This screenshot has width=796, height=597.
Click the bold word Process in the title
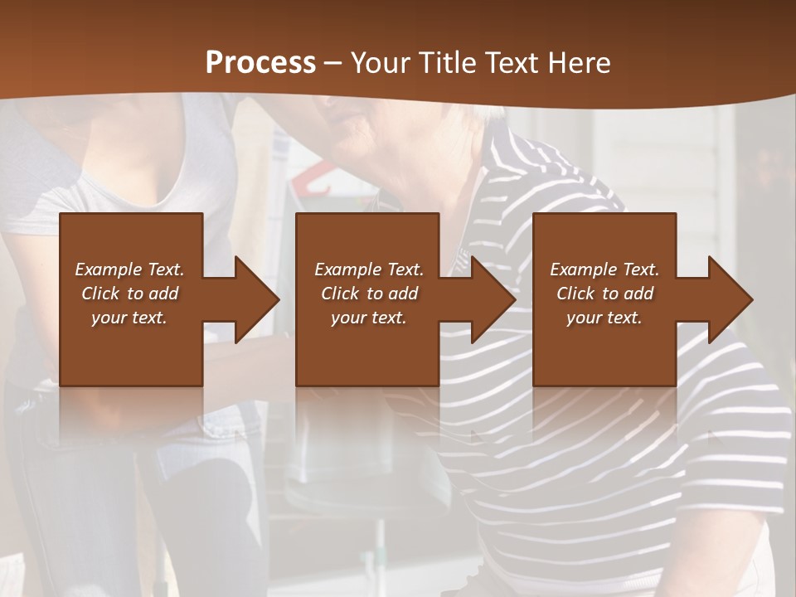pos(260,63)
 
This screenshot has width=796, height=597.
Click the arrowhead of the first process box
pos(257,299)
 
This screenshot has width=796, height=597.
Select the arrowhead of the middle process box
pos(493,299)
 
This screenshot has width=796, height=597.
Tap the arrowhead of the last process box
pos(730,299)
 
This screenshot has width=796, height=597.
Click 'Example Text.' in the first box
pos(130,269)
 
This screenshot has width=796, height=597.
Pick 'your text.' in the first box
pos(130,318)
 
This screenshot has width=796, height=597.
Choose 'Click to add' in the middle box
pos(369,294)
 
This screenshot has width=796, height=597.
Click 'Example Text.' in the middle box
pos(369,269)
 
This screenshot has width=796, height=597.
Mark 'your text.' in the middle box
pos(369,318)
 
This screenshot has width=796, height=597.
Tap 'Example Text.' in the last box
pos(604,269)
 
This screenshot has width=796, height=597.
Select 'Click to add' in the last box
pos(604,294)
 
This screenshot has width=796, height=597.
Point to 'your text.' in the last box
pos(604,318)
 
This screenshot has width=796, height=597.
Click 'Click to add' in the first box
pos(130,294)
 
